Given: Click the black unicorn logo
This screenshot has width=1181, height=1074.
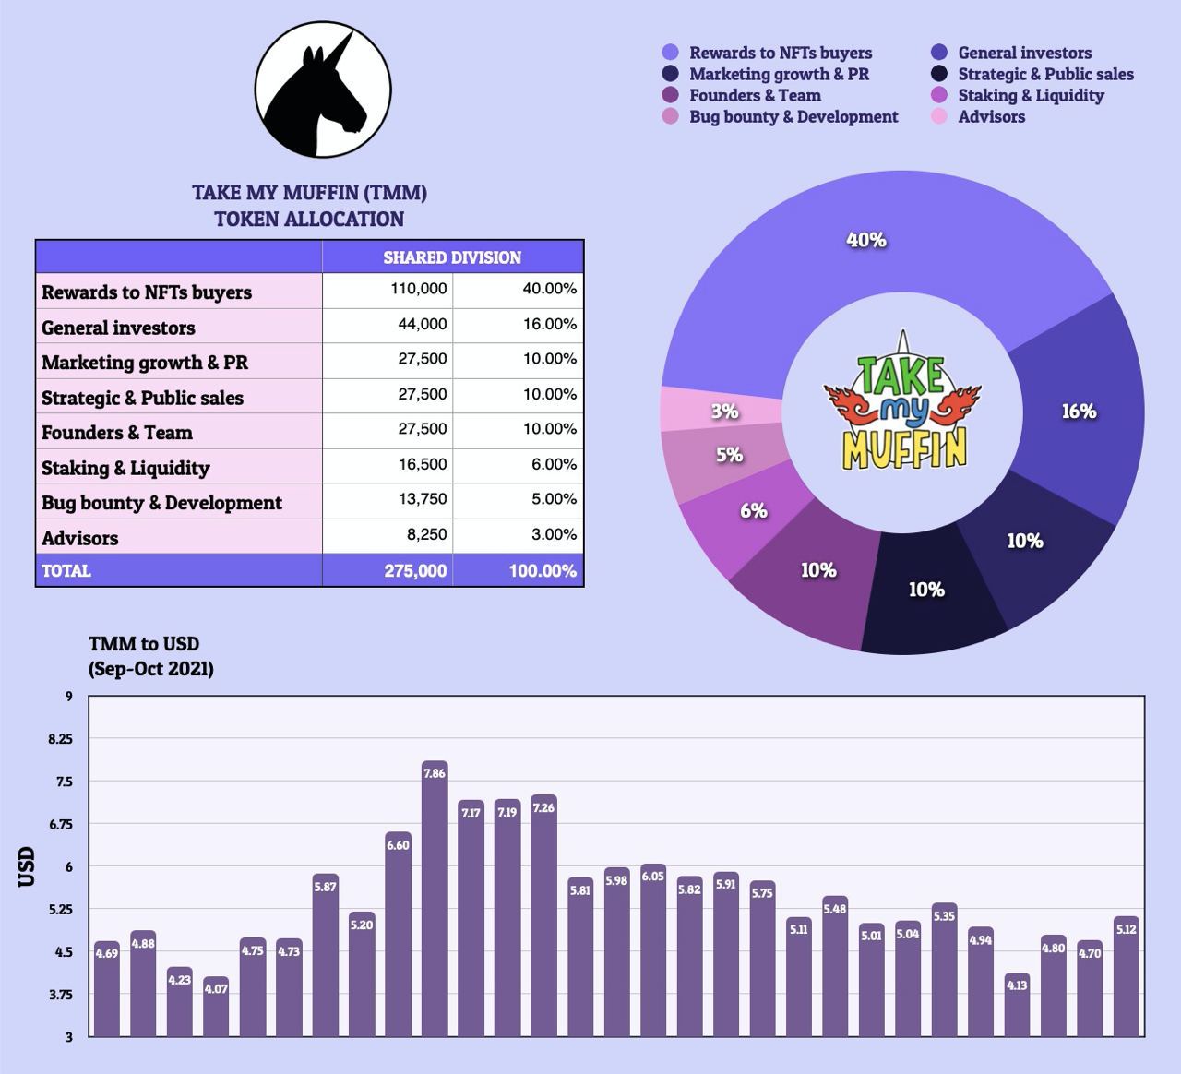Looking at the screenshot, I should (323, 90).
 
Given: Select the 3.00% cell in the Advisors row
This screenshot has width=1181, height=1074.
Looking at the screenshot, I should (550, 535).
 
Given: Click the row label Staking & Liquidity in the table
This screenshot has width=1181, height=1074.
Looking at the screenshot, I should (125, 468).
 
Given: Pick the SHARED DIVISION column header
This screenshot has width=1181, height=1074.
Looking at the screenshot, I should (452, 257).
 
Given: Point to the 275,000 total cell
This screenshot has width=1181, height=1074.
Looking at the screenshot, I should (415, 571).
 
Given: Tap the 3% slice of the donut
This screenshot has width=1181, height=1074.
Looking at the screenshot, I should (724, 411).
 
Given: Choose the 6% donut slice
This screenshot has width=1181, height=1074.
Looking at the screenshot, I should (754, 510).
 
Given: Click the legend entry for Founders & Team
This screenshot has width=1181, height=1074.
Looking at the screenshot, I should (754, 95).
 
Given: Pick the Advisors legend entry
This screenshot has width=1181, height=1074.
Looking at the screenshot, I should (991, 116).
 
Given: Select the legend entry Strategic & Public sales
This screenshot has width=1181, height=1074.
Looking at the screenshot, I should (1045, 74).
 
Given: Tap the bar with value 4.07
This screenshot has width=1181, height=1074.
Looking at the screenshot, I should (216, 1007).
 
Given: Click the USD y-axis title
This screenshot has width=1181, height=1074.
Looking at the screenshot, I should (27, 866).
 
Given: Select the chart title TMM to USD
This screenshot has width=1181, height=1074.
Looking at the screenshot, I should (144, 644).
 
